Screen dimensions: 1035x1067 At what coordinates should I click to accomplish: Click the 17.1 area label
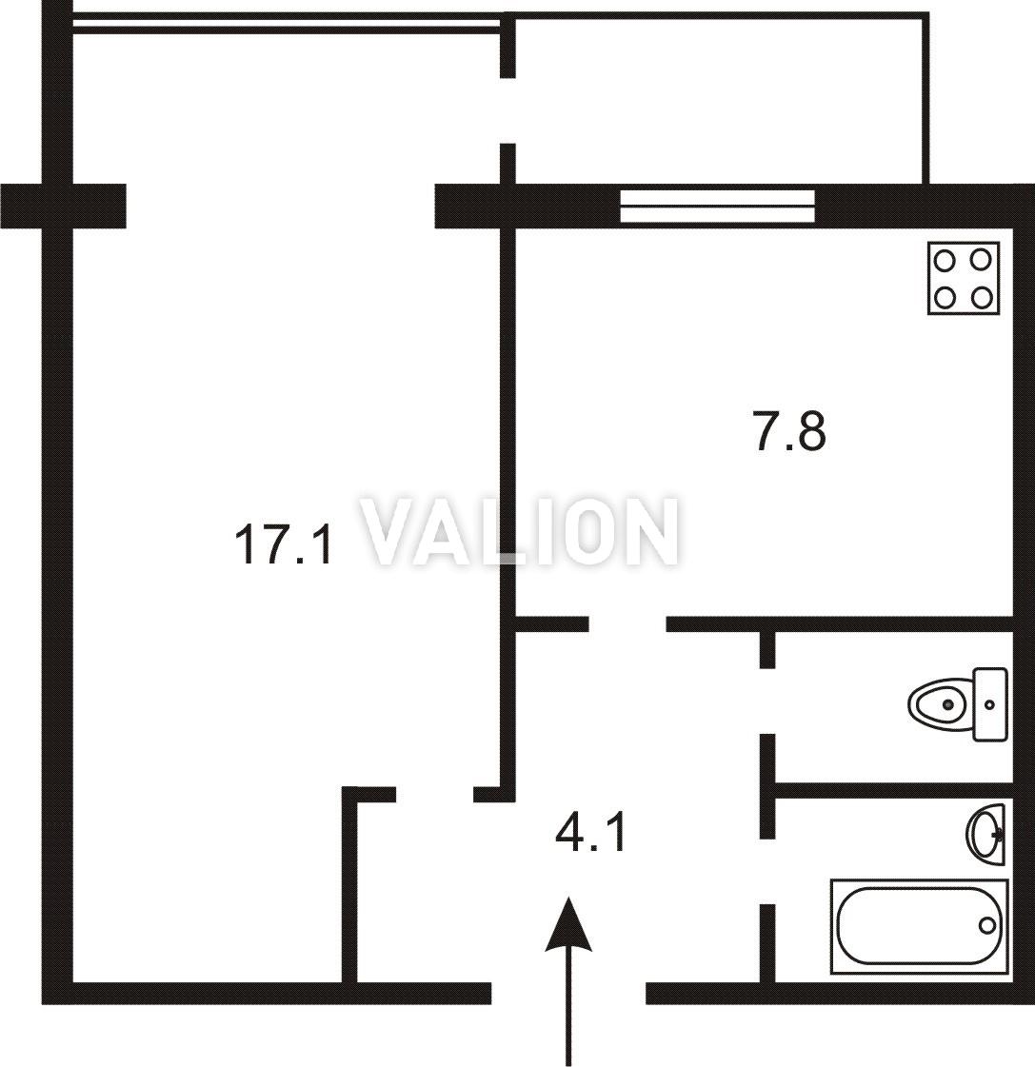(283, 545)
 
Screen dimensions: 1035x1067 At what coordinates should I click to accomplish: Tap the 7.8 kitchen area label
(790, 431)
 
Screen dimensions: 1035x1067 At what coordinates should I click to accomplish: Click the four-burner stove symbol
(964, 278)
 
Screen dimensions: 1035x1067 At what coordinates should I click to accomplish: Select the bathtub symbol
(919, 926)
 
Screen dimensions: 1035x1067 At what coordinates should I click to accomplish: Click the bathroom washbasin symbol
(985, 834)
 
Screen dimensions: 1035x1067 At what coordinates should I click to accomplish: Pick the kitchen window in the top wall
(717, 207)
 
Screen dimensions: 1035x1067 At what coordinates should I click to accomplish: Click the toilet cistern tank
(990, 704)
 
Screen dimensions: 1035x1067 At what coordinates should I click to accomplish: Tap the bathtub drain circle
(986, 925)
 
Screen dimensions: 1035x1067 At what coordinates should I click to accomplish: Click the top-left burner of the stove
(945, 260)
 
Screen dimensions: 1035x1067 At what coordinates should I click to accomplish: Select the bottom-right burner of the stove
(982, 297)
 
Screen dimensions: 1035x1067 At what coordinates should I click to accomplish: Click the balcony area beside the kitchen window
(718, 101)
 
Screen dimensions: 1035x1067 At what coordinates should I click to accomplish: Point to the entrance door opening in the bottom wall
(568, 993)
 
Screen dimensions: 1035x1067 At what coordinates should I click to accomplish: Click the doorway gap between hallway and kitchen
(627, 624)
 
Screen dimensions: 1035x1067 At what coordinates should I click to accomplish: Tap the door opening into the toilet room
(767, 701)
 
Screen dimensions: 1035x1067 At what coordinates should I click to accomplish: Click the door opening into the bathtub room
(767, 871)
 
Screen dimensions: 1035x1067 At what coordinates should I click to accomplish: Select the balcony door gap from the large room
(508, 110)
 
